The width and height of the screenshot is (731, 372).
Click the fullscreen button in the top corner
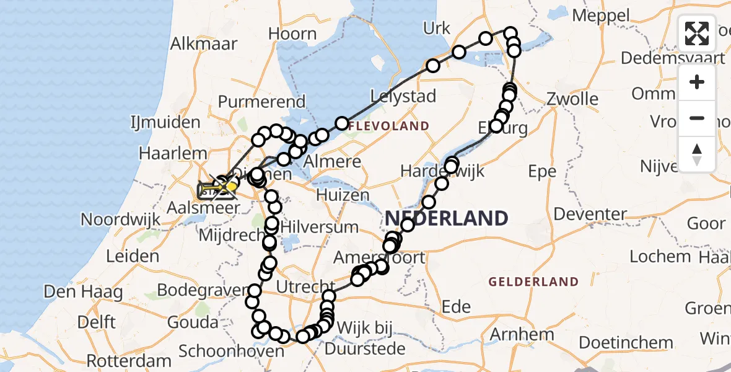(697, 34)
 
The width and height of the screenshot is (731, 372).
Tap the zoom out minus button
(697, 118)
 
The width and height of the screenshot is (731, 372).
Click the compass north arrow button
(697, 154)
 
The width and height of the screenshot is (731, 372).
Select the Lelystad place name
(403, 96)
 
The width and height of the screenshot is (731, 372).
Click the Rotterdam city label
(129, 361)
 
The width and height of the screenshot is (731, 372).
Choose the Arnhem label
(522, 335)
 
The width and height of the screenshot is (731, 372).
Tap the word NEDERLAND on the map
(447, 218)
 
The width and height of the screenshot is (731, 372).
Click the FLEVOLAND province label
(388, 126)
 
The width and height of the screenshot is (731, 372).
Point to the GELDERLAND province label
(533, 282)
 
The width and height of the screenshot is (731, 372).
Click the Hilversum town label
(319, 226)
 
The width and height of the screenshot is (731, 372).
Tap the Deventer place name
(590, 215)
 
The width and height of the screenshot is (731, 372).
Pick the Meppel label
(600, 15)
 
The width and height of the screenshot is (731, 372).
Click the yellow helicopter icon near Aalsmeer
(227, 185)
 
